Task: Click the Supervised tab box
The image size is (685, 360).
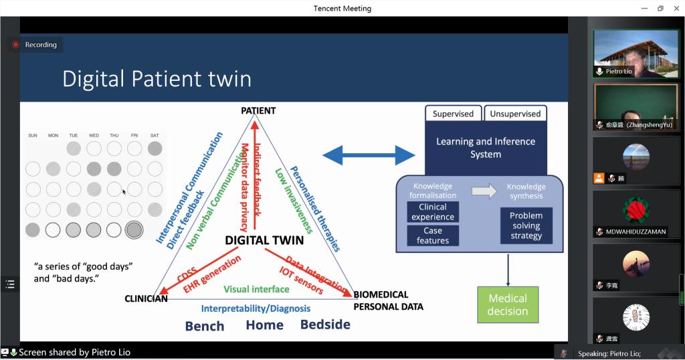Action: click(453, 114)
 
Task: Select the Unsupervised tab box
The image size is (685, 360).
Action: click(515, 114)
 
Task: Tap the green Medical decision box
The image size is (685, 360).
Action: click(508, 304)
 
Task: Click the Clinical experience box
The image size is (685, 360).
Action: click(433, 211)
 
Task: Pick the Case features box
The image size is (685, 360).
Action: click(433, 236)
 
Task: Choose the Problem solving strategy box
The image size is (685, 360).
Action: click(526, 226)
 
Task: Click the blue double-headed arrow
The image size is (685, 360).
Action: click(369, 156)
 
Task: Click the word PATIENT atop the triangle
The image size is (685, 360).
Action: click(258, 111)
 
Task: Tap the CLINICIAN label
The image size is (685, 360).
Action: click(146, 298)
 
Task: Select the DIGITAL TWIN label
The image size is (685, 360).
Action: click(264, 240)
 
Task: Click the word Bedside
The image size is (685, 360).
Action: click(325, 325)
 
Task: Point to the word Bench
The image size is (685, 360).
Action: click(205, 326)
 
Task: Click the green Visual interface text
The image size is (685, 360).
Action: click(256, 289)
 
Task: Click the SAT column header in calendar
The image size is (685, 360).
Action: click(155, 136)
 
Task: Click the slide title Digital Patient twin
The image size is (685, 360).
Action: click(157, 79)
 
